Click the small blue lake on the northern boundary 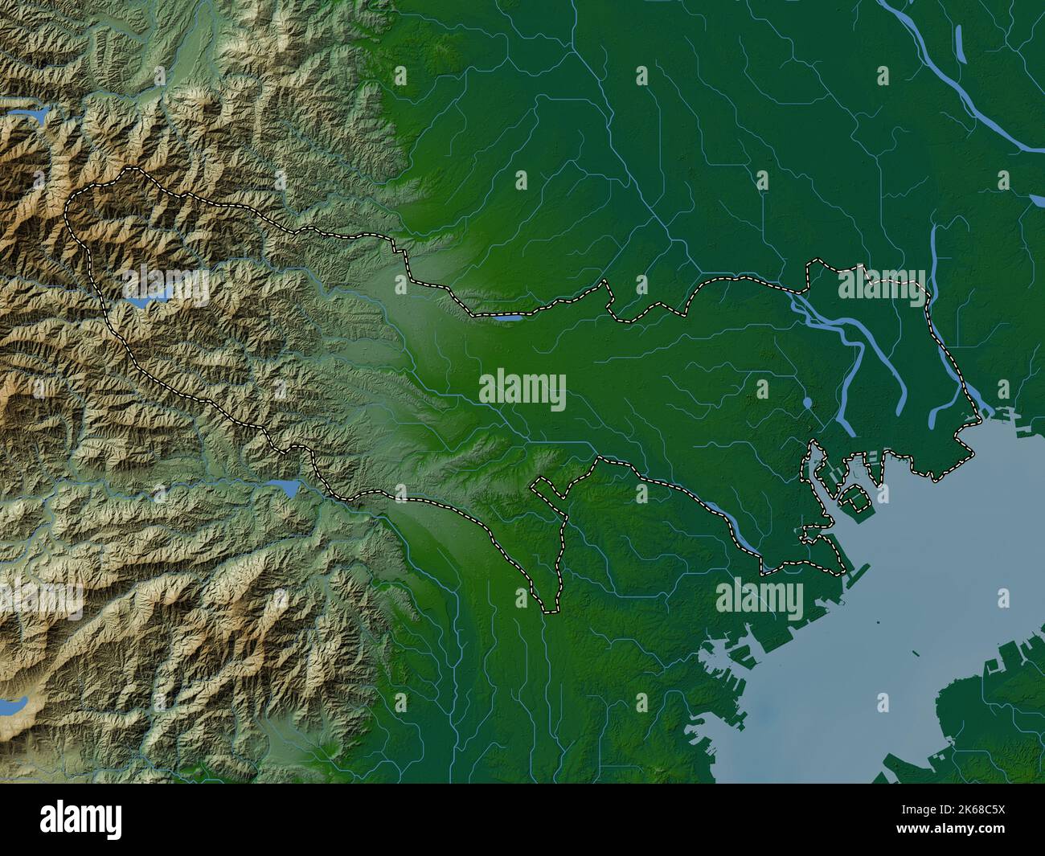point(506,317)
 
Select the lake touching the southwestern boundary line point(287,485)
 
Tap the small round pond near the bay point(807,401)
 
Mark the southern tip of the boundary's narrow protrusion point(550,610)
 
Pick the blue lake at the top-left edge point(32,115)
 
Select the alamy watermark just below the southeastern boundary point(759,597)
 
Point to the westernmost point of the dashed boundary point(66,211)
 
